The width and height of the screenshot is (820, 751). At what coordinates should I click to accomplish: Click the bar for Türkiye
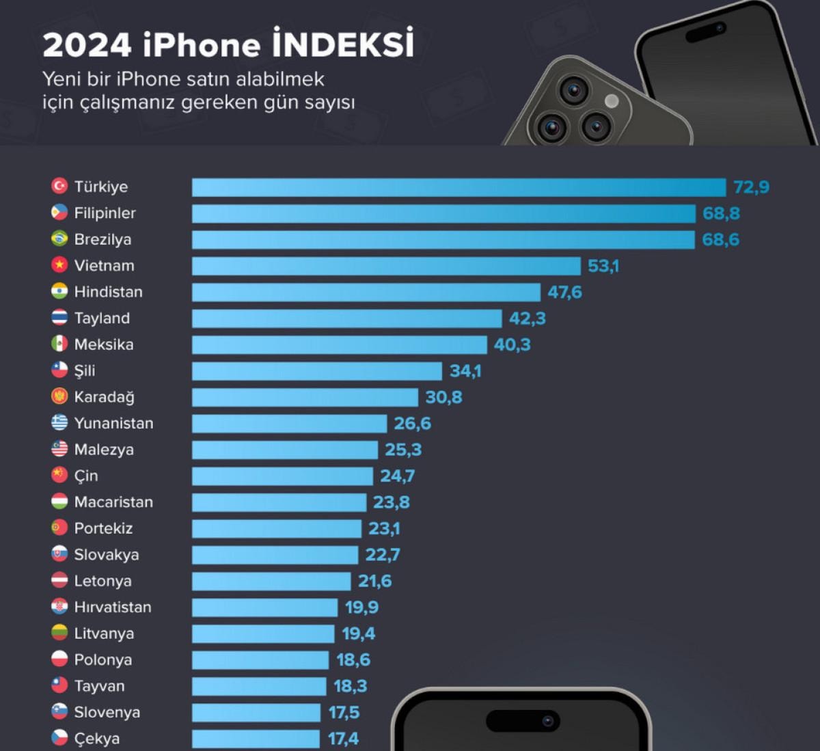click(459, 187)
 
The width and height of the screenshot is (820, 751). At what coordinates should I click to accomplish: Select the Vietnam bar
click(386, 266)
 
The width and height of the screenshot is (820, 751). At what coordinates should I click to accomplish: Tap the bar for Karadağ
click(305, 397)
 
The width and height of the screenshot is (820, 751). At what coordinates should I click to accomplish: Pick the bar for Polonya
click(260, 660)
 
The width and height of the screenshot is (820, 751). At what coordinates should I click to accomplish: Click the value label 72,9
click(751, 187)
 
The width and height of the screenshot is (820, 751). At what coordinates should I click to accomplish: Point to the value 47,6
click(564, 292)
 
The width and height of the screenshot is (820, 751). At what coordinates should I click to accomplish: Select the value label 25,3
click(403, 450)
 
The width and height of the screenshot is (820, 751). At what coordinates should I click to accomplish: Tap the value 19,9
click(361, 607)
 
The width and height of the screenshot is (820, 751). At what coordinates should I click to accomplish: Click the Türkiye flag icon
click(59, 186)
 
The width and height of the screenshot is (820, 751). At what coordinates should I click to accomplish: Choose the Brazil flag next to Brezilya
click(59, 238)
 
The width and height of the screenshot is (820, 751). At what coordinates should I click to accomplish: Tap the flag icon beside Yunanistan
click(59, 422)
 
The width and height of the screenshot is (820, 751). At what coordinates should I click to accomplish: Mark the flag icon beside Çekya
click(59, 738)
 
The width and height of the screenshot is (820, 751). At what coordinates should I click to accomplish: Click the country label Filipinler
click(105, 213)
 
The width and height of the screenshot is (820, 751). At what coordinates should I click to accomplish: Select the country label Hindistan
click(108, 292)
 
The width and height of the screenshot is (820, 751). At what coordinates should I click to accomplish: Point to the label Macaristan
click(113, 502)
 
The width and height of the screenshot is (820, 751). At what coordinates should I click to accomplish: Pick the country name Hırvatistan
click(113, 607)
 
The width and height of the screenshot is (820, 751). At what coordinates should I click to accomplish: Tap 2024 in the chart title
click(87, 45)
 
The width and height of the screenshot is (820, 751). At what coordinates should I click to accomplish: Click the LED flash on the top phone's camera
click(612, 101)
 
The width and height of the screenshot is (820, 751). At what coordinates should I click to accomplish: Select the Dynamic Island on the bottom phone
click(523, 721)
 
